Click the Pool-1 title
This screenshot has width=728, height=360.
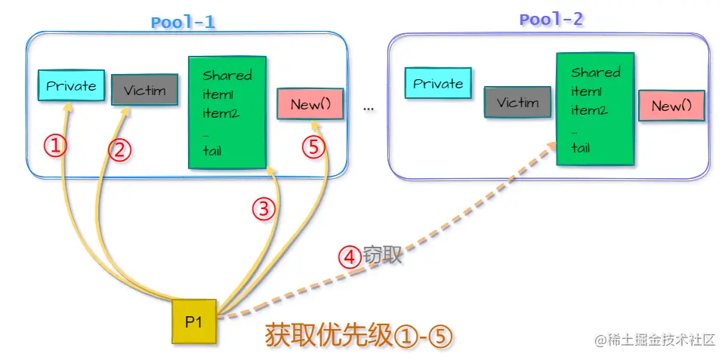pos(183,21)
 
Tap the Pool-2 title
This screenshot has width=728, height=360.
pos(551,20)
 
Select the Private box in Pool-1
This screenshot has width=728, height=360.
pos(71,85)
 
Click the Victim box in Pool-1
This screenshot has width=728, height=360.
pos(144,91)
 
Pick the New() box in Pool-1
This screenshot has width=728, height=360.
pos(310,104)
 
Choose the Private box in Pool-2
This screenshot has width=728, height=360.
pos(437,83)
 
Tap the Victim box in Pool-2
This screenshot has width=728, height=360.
pos(517,102)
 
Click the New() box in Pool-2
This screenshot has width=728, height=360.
pos(671,106)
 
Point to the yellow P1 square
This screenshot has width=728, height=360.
pos(193,322)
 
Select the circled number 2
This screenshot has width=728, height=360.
pos(119,150)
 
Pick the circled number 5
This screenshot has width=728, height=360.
pos(314,147)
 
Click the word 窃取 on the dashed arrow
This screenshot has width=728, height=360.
pos(382,255)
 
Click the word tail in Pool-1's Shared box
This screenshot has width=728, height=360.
pos(212,150)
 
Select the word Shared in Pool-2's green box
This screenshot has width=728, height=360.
pos(596,72)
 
